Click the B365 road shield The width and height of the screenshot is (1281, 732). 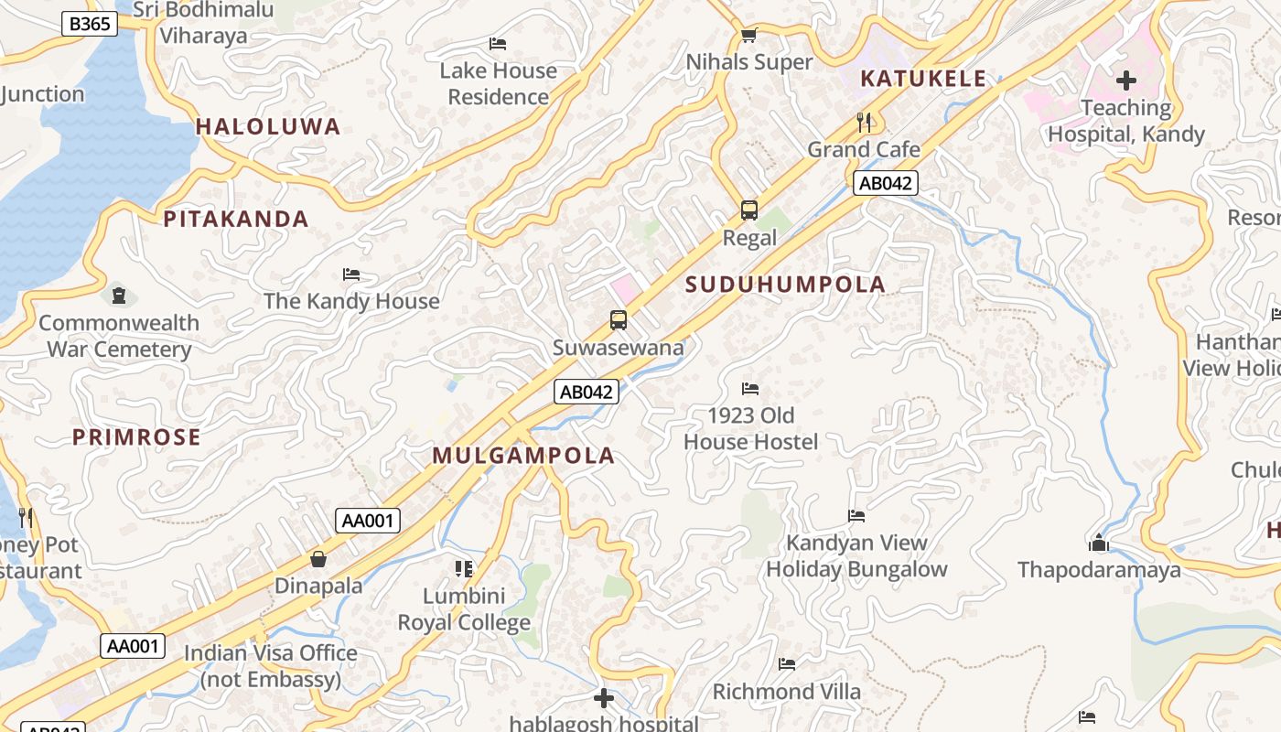(x=90, y=24)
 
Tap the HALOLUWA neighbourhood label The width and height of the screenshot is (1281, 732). (x=268, y=127)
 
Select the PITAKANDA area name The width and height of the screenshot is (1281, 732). (x=236, y=219)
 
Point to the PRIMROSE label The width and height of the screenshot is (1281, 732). (x=136, y=437)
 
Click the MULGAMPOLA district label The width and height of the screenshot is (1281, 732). (x=523, y=456)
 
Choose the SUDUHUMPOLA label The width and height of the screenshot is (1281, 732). (x=785, y=285)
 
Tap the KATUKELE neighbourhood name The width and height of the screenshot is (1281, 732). (x=923, y=79)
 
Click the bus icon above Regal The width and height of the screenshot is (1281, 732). (x=749, y=210)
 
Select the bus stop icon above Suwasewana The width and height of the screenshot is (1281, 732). (x=619, y=320)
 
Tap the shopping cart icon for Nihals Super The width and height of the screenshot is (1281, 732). (x=748, y=35)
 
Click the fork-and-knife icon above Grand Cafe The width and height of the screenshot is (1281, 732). (x=863, y=122)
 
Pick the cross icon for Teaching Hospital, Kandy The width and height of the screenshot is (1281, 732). (x=1125, y=81)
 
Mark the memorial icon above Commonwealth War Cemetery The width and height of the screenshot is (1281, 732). (x=118, y=296)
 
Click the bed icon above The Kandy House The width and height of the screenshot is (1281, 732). (x=350, y=274)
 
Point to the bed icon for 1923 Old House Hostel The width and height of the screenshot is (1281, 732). (x=750, y=389)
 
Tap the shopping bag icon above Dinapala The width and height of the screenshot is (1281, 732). (x=318, y=558)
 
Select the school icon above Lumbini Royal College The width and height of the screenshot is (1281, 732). (x=464, y=569)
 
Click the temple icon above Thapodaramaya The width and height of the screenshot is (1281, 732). (x=1099, y=544)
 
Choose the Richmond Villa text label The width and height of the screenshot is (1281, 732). (x=786, y=692)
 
